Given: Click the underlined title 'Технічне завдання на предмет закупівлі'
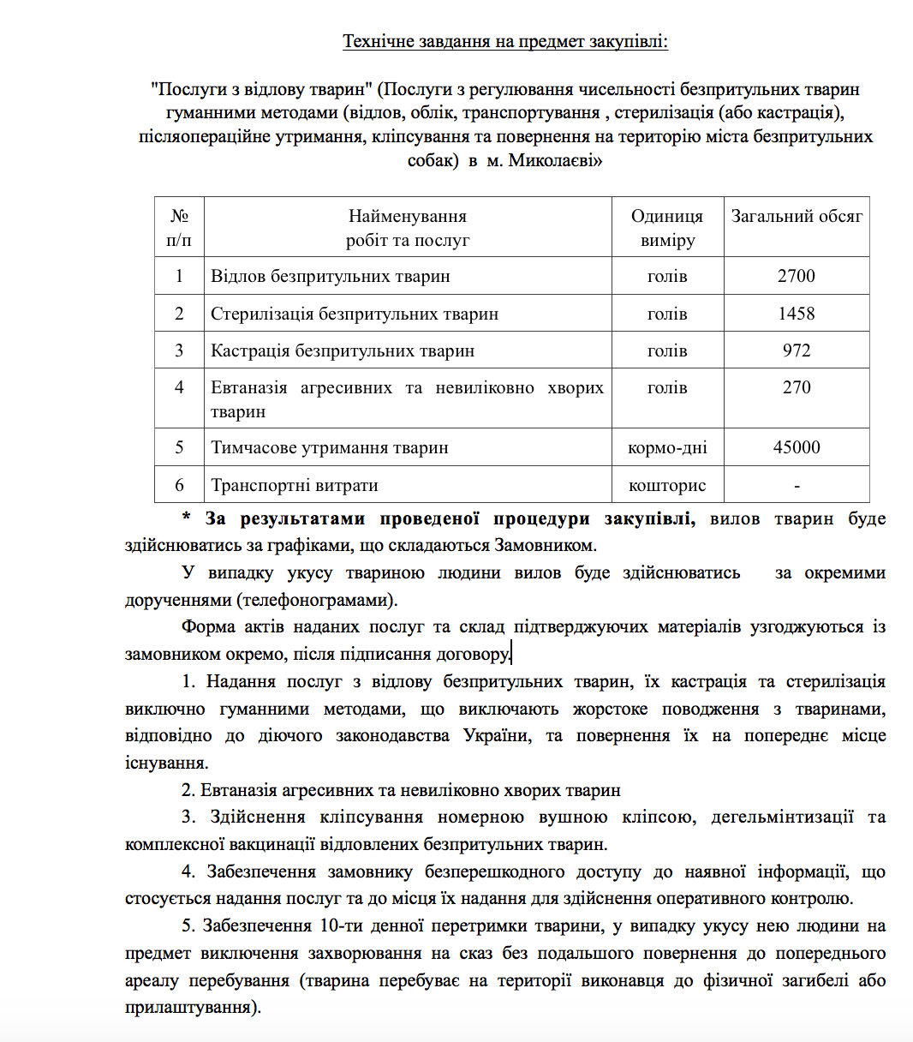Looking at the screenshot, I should pos(504,41).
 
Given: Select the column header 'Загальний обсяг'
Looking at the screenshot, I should pos(797,217).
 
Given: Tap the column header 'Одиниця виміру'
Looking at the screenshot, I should pos(667,228).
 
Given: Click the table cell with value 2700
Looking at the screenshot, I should pos(797,276).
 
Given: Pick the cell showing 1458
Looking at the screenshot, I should pos(797,314).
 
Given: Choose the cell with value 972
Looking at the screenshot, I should pos(797,350).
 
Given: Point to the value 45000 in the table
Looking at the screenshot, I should pos(797,447).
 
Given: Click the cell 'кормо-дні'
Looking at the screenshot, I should pos(667,447).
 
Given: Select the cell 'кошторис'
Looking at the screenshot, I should pos(667,485).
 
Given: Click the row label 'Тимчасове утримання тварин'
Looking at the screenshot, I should pos(330,447).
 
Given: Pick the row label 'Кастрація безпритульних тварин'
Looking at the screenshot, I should pos(343,350).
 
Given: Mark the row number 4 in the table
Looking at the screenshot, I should pos(179,387).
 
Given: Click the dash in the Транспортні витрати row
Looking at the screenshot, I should pos(797,486).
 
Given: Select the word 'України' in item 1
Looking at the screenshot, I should pos(496,736).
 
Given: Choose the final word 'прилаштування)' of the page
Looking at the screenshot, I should pos(192,1007).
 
